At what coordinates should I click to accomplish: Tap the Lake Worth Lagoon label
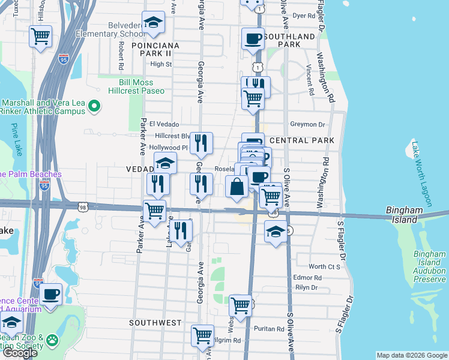tap(424, 175)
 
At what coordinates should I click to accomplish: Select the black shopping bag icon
tap(237, 187)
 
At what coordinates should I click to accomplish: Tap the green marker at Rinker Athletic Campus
tap(94, 107)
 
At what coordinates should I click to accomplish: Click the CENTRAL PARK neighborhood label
tap(302, 140)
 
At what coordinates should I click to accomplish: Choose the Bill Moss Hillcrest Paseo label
tap(136, 86)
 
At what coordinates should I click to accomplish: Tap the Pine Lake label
tap(14, 140)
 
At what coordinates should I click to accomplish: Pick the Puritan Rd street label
tap(268, 329)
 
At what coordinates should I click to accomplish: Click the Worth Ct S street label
tap(325, 266)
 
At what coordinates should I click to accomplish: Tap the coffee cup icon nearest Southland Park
tap(252, 39)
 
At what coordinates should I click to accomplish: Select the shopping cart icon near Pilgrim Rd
tap(202, 335)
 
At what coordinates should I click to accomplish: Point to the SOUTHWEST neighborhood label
tap(155, 323)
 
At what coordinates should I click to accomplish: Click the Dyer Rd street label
tap(304, 16)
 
